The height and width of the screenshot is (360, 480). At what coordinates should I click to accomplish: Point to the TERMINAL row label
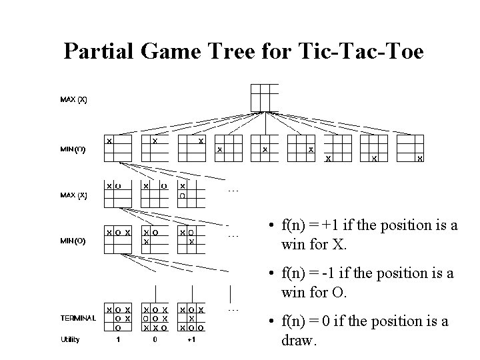click(78, 318)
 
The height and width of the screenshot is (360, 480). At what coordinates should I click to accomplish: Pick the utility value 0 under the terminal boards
click(155, 339)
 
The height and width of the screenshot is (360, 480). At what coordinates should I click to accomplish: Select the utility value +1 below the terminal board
click(191, 339)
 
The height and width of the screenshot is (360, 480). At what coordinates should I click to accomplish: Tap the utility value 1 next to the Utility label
click(119, 339)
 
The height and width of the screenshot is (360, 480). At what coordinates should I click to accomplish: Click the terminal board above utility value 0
click(155, 319)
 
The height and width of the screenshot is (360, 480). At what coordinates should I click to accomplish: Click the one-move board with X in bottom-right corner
click(411, 149)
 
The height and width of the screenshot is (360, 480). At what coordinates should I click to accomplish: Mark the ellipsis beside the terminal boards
click(233, 309)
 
